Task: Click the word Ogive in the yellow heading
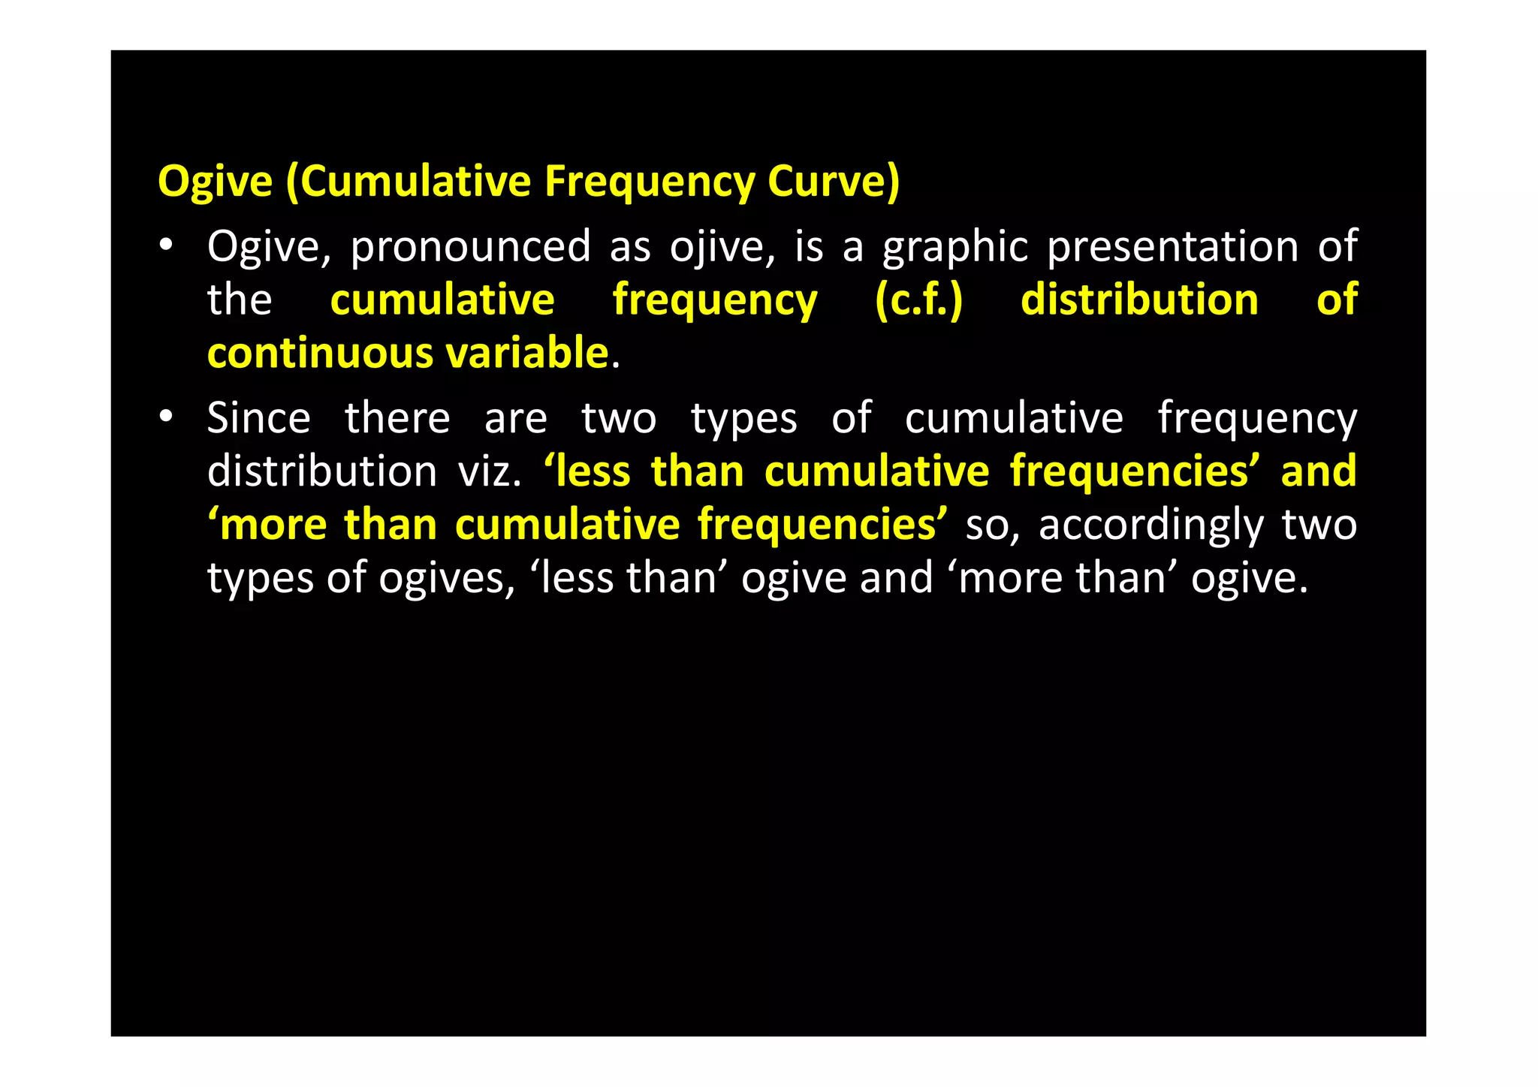215,182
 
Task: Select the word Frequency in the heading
649,182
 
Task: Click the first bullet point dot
166,245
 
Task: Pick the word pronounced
470,247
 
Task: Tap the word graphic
954,247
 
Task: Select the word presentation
1172,247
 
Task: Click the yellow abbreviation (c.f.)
918,300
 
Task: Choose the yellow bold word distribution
1139,300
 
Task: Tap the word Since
258,418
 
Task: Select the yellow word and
1318,471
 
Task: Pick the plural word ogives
446,579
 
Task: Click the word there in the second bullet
397,418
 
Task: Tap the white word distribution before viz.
321,471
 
